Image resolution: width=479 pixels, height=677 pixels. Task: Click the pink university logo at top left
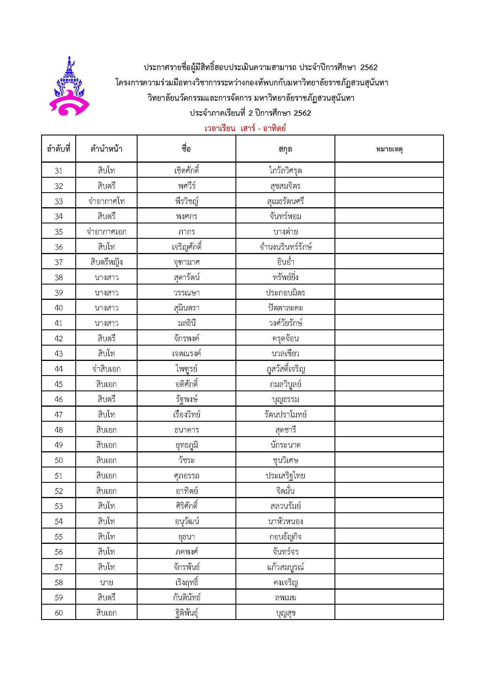(x=69, y=86)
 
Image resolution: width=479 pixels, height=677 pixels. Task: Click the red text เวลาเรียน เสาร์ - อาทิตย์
(x=245, y=129)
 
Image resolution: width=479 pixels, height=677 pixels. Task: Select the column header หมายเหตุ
(x=389, y=149)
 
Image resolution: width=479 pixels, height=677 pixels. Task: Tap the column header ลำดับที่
(x=59, y=149)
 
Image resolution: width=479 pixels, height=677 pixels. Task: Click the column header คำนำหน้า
(x=107, y=149)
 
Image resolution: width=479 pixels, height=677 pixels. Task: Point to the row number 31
(x=59, y=170)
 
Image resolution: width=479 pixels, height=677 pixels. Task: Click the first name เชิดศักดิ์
(x=187, y=170)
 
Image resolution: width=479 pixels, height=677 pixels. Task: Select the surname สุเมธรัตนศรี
(x=285, y=201)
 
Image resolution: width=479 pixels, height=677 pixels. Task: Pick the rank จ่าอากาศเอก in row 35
(x=107, y=232)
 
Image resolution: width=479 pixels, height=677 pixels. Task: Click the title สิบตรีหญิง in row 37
(x=107, y=262)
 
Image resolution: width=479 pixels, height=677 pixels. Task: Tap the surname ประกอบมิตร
(x=285, y=293)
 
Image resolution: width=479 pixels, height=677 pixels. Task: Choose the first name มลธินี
(x=187, y=323)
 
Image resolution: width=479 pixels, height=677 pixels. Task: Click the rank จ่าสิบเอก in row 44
(x=107, y=369)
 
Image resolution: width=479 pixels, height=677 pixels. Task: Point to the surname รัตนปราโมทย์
(x=285, y=414)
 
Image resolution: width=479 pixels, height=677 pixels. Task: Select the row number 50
(x=59, y=460)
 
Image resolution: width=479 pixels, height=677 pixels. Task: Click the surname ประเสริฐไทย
(x=285, y=476)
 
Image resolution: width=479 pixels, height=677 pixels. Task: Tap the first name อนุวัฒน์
(x=187, y=521)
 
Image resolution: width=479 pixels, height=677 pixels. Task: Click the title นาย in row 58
(x=107, y=582)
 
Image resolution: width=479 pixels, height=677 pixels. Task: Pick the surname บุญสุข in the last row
(x=285, y=613)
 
